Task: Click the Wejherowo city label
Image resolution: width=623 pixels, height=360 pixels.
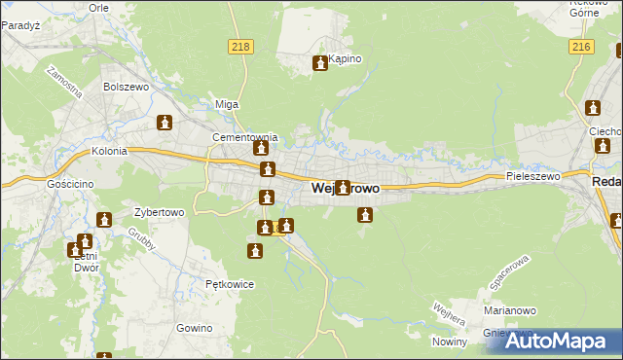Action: (x=345, y=189)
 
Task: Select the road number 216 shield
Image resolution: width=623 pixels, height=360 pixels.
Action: (x=582, y=46)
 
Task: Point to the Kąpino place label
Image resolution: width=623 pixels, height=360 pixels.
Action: (x=345, y=58)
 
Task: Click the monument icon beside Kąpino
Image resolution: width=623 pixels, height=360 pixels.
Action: (x=319, y=64)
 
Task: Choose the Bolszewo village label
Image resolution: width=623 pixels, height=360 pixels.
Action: (x=125, y=87)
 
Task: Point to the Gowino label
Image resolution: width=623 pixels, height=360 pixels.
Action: (x=195, y=328)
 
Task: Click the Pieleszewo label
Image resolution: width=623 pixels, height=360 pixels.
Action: (x=533, y=177)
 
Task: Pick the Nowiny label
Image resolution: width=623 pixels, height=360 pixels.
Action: (x=451, y=342)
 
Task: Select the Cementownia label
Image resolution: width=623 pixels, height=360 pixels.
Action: (x=245, y=137)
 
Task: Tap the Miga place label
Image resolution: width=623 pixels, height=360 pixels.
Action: (x=227, y=104)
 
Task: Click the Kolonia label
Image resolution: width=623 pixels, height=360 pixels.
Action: (x=110, y=152)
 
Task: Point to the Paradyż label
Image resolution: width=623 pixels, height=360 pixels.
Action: (x=20, y=25)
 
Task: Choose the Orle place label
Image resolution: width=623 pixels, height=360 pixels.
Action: (x=98, y=7)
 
